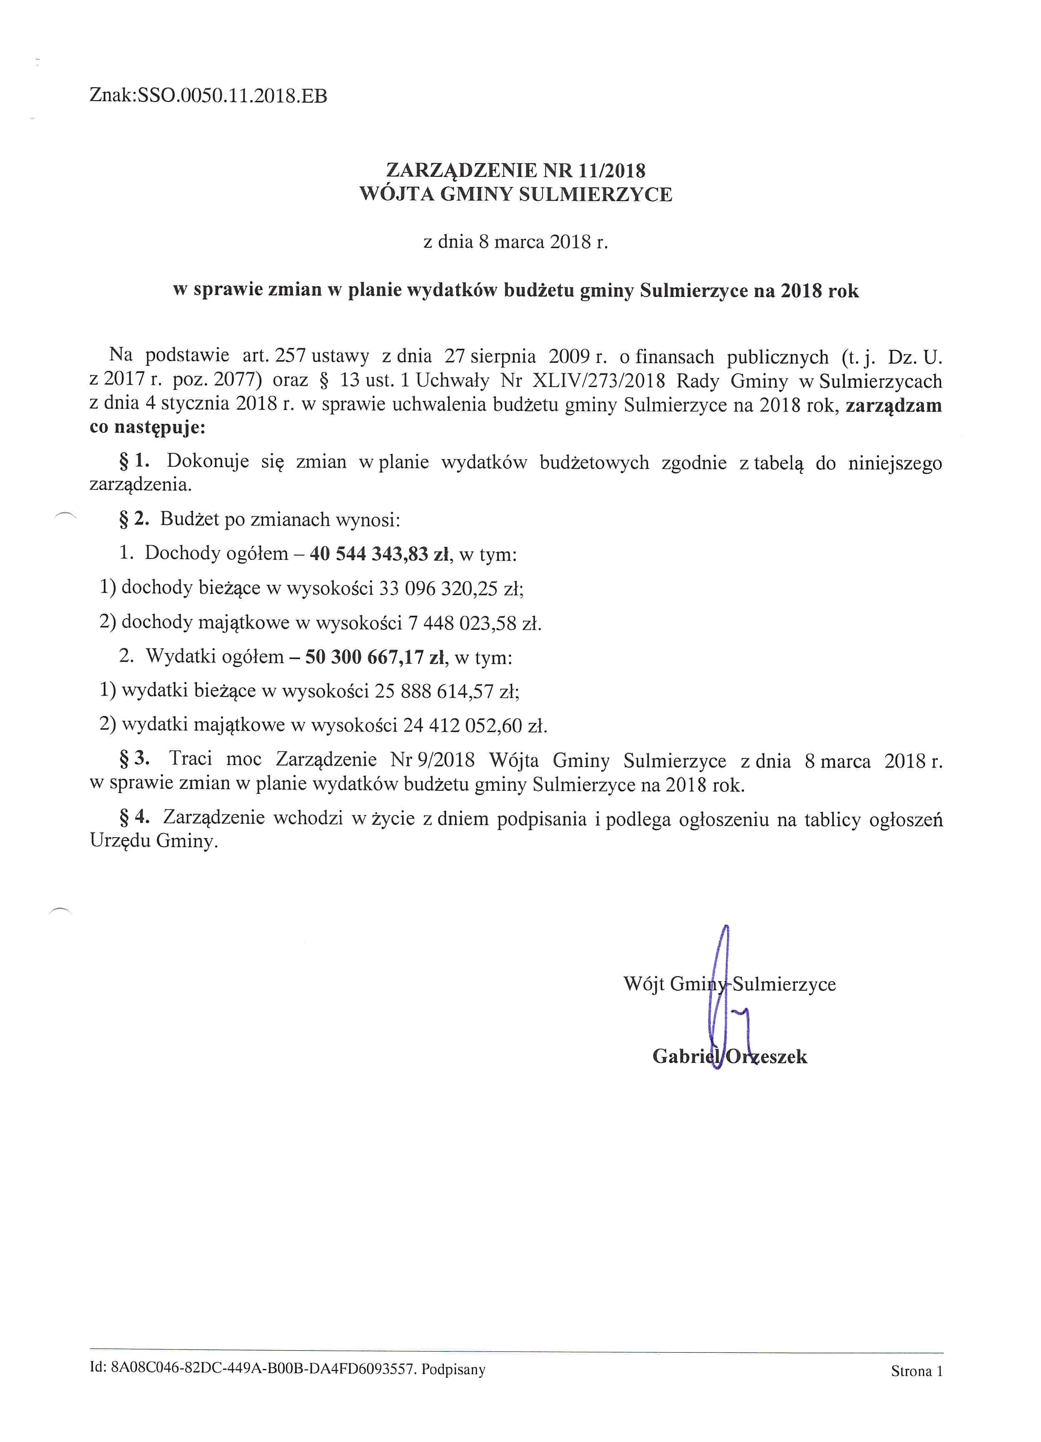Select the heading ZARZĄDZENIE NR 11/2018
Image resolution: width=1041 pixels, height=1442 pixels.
pyautogui.click(x=515, y=170)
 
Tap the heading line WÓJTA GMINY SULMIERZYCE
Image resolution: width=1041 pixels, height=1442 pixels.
pyautogui.click(x=515, y=194)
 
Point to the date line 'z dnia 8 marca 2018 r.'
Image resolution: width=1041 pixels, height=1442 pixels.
pyautogui.click(x=515, y=242)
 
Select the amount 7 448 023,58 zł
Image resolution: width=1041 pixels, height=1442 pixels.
pyautogui.click(x=473, y=623)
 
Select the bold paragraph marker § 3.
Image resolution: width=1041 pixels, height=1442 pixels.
pyautogui.click(x=133, y=758)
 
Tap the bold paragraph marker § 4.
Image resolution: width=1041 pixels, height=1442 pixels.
pyautogui.click(x=133, y=817)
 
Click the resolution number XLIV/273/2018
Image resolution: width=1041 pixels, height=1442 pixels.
pyautogui.click(x=598, y=381)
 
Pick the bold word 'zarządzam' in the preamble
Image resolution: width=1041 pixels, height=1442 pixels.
pyautogui.click(x=893, y=405)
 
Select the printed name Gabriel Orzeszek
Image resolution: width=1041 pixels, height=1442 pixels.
pyautogui.click(x=729, y=1057)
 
